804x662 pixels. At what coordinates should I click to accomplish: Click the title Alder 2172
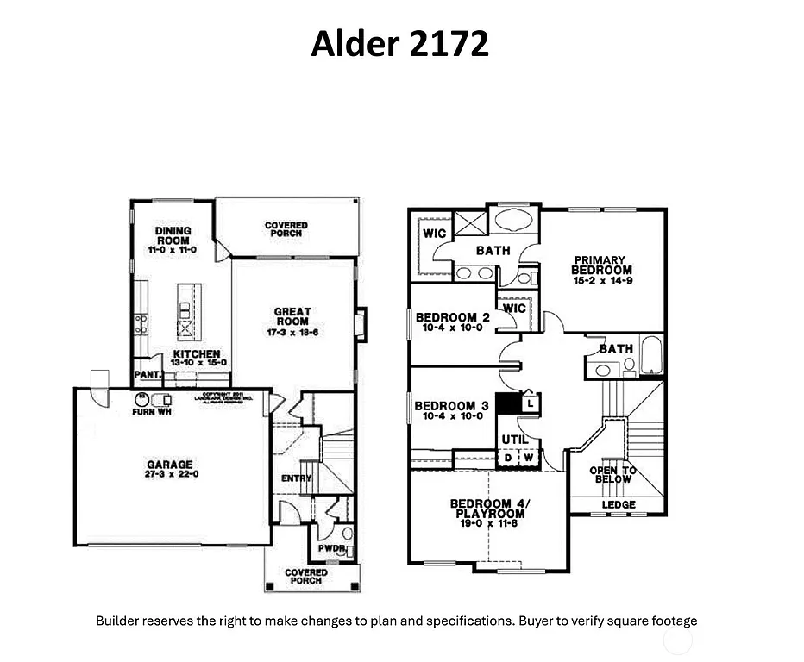pos(399,43)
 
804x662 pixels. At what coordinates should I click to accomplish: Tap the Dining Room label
pos(173,235)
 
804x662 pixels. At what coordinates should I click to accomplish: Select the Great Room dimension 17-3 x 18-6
pos(292,332)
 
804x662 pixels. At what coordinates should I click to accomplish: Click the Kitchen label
pos(196,354)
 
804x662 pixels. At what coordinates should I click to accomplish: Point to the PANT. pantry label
pos(144,375)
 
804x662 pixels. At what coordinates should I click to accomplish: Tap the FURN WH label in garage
pos(149,412)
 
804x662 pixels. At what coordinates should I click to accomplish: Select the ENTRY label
pos(295,478)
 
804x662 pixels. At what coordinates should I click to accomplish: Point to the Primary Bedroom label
pos(601,265)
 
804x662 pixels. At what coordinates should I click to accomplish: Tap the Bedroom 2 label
pos(451,318)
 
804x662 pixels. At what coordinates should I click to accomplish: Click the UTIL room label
pos(515,440)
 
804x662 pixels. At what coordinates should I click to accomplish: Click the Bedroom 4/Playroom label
pos(487,509)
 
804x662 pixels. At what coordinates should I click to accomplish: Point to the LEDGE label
pos(618,504)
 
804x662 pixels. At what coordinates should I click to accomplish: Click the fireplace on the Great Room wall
pos(361,323)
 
